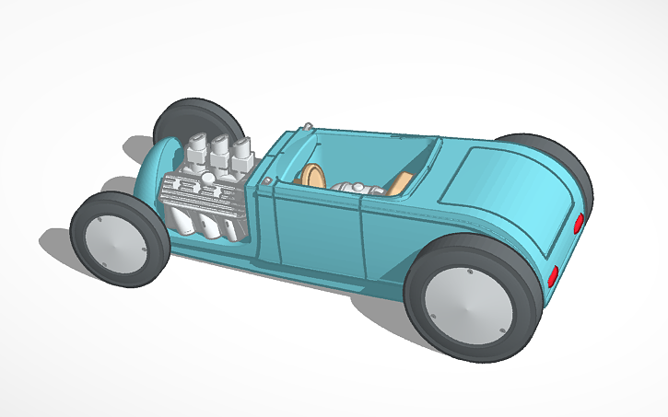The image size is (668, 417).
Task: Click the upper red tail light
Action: coord(578,222)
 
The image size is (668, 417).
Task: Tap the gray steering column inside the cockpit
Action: coord(355,189)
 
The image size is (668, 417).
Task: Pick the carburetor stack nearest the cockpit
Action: coord(242,154)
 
